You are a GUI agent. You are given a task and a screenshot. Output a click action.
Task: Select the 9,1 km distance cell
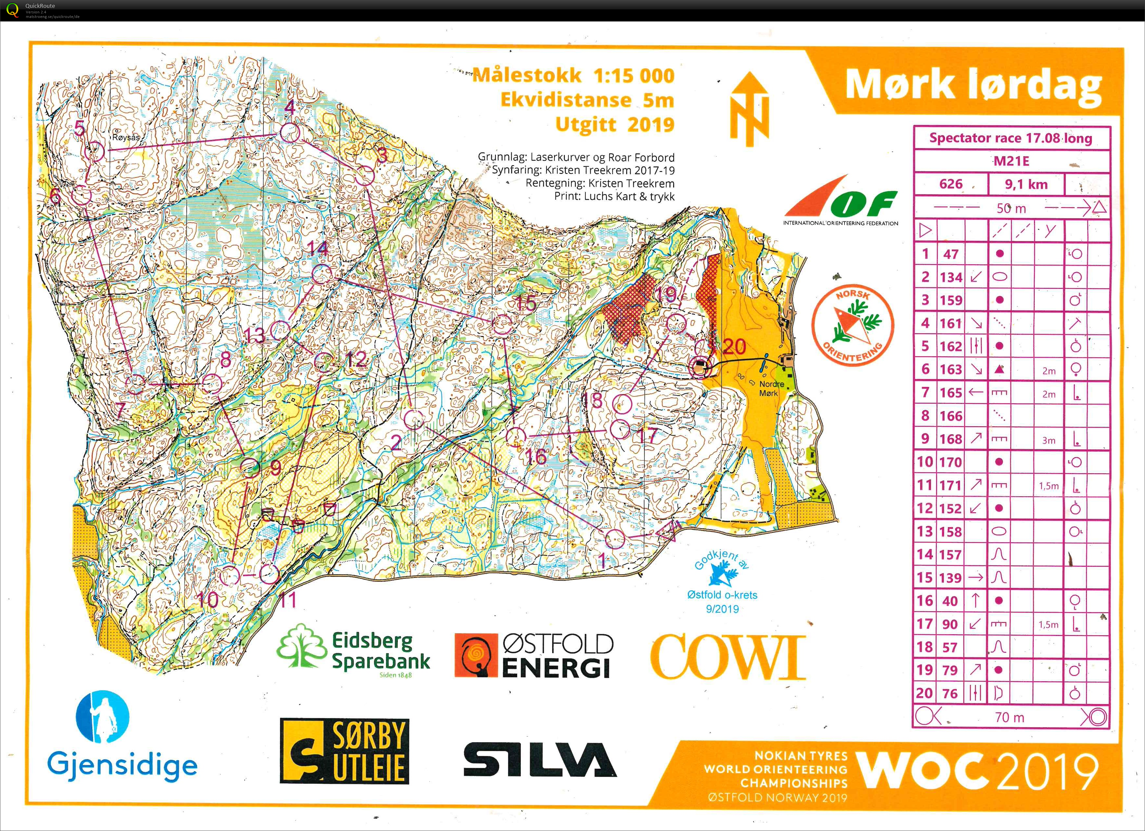1026,184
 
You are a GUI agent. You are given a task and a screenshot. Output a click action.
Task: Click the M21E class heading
1011,162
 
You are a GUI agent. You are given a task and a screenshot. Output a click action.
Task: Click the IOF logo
841,202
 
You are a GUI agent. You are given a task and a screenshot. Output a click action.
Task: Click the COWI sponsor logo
727,656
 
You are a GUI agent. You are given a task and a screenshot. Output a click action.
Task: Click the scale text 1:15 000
634,76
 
